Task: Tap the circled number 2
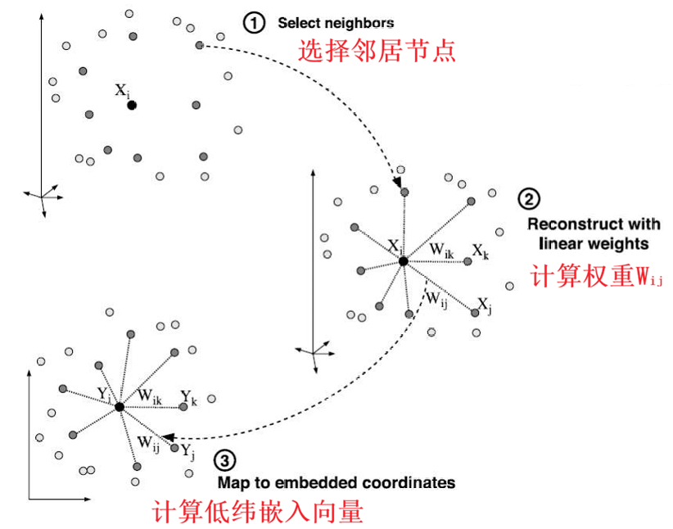(x=529, y=198)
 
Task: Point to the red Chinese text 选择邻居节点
(x=376, y=52)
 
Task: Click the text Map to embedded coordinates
(x=336, y=482)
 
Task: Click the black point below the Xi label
(x=131, y=105)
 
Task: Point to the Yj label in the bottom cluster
(x=187, y=450)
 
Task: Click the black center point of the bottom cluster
(x=120, y=407)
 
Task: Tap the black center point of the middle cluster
(x=403, y=260)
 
